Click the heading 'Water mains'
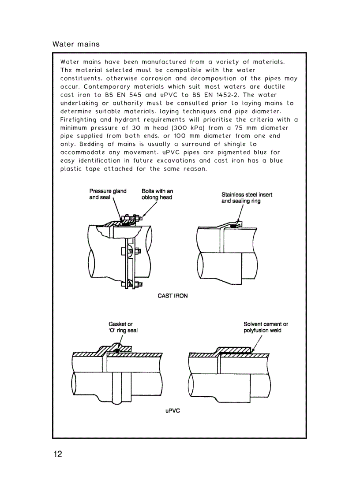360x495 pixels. point(76,44)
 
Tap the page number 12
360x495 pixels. point(58,454)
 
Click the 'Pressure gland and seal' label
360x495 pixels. point(108,194)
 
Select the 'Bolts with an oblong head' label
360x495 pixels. point(157,194)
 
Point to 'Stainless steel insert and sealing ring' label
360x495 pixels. point(247,197)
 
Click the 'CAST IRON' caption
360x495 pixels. point(172,296)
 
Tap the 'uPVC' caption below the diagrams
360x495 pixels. point(172,411)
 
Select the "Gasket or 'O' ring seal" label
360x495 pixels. point(123,327)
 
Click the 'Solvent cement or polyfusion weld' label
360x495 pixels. point(266,327)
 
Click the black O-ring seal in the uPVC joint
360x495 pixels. point(116,351)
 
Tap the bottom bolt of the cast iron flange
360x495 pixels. point(135,284)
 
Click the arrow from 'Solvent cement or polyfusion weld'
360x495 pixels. point(257,342)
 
